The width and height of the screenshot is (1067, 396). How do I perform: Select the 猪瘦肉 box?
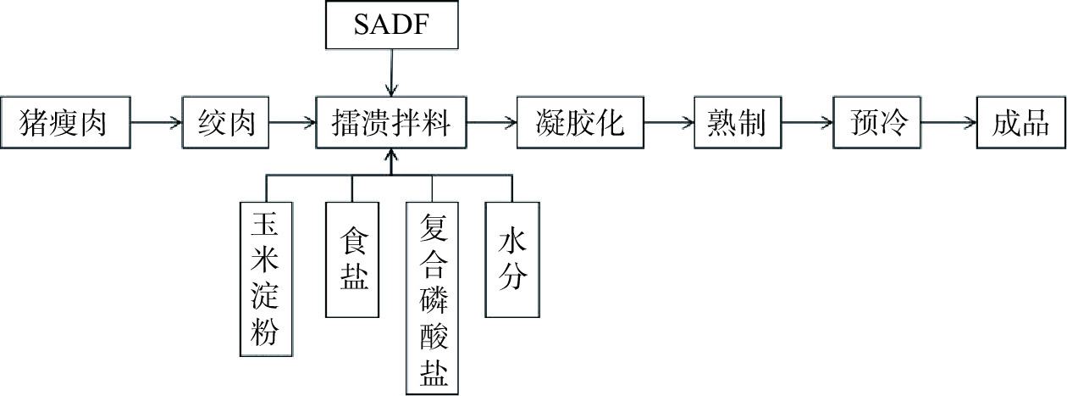pyautogui.click(x=66, y=124)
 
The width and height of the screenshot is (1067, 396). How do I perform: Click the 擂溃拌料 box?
pyautogui.click(x=390, y=124)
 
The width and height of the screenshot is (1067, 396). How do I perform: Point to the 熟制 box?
pyautogui.click(x=736, y=124)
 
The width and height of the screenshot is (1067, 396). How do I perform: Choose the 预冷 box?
pyautogui.click(x=876, y=124)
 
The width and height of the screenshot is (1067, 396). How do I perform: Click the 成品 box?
pyautogui.click(x=1020, y=124)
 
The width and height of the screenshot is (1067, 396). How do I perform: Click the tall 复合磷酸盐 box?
pyautogui.click(x=432, y=298)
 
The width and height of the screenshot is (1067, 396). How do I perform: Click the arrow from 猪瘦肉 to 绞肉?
pyautogui.click(x=157, y=124)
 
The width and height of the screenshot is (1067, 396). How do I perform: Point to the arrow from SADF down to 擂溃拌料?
pyautogui.click(x=390, y=71)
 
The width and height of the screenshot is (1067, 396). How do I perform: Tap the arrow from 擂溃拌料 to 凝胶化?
pyautogui.click(x=491, y=124)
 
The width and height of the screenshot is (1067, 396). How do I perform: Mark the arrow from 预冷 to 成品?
pyautogui.click(x=948, y=124)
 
